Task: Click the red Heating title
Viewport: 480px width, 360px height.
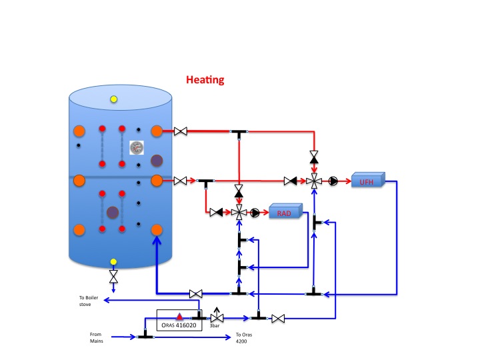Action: [205, 80]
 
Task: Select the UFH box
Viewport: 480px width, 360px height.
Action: [368, 180]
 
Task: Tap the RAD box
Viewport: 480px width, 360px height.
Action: [286, 211]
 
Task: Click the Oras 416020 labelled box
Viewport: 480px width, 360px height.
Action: [179, 320]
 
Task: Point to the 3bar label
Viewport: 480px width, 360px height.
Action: [215, 326]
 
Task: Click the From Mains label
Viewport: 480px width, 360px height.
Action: [97, 337]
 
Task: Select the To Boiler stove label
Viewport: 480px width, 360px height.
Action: [89, 301]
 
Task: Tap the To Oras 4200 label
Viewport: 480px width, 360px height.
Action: [244, 338]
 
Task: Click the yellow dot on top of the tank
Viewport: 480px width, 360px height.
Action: [114, 99]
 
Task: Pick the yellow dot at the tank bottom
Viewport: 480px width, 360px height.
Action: [113, 262]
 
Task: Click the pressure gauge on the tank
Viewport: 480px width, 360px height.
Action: [137, 147]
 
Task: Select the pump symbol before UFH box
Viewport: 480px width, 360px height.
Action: [333, 181]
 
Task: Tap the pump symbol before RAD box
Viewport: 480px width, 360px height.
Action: [255, 213]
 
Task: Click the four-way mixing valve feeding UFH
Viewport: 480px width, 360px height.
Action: [314, 181]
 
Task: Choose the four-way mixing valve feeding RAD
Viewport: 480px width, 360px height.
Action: [239, 213]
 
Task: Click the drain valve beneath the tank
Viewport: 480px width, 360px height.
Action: [113, 277]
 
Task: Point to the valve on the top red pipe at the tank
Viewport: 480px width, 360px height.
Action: [181, 131]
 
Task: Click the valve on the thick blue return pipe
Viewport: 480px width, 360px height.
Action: [196, 294]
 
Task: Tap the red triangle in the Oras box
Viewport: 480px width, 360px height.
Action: [179, 317]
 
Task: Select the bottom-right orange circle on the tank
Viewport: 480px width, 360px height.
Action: [157, 230]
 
